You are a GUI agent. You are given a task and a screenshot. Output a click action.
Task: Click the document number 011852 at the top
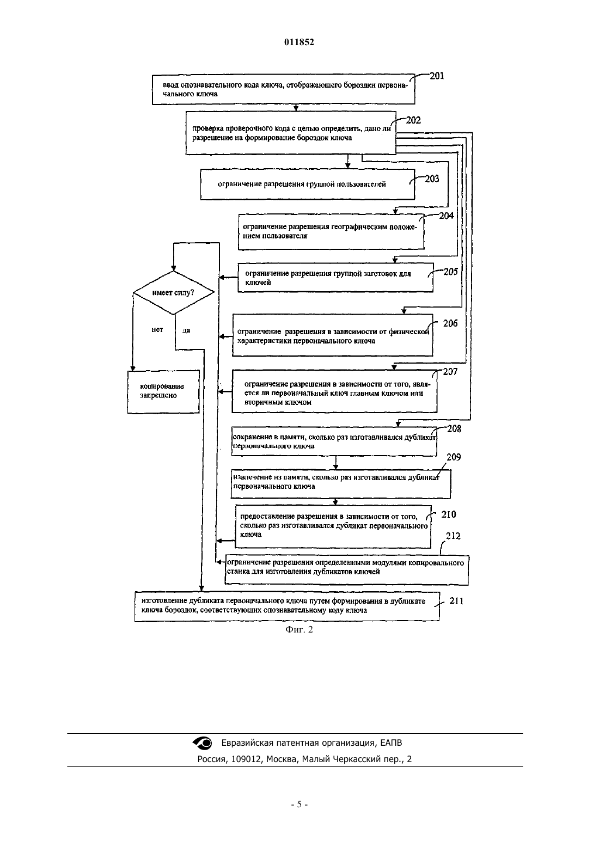299,42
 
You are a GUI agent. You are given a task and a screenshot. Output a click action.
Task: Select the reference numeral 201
437,76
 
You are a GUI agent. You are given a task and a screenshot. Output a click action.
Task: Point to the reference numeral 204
446,216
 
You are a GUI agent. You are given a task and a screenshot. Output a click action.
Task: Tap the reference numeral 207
450,372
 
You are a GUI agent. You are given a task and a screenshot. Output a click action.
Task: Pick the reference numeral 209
454,457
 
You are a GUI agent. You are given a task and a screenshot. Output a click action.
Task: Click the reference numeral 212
453,536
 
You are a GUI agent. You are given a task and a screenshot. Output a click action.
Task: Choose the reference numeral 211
456,601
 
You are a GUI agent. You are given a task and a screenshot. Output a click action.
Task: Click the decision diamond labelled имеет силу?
174,293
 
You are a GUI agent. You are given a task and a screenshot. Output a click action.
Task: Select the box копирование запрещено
163,391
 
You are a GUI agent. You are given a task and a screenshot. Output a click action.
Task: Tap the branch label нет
157,330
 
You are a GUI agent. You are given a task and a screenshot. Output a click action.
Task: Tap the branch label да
186,330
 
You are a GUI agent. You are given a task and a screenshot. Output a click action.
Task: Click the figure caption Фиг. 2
299,629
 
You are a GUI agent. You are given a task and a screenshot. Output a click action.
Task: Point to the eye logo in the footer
203,742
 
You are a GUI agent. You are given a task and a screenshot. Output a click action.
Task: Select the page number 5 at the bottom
299,805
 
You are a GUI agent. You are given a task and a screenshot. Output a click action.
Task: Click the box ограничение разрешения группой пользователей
308,184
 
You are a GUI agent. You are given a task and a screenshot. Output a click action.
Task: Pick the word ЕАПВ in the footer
391,742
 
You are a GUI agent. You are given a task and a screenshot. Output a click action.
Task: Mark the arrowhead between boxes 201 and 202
296,108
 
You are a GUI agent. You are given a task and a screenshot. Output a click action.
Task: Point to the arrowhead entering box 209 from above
335,468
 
